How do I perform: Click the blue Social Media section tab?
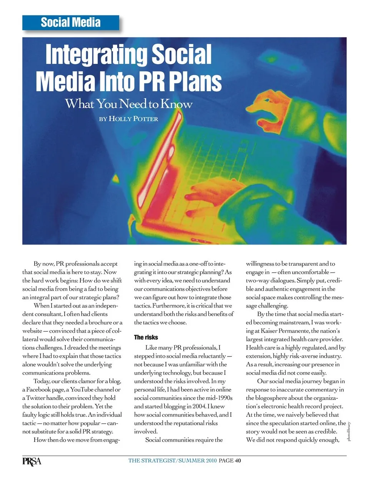[x=71, y=22]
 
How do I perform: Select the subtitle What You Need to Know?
[x=128, y=104]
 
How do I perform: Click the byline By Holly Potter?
[x=128, y=119]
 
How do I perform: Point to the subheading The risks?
[x=146, y=337]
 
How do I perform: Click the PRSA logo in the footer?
[x=32, y=461]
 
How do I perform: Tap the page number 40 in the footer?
[x=238, y=461]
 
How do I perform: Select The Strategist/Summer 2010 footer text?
[x=173, y=461]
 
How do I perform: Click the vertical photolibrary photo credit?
[x=349, y=431]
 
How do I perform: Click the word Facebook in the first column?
[x=38, y=389]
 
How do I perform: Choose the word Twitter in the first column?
[x=36, y=398]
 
